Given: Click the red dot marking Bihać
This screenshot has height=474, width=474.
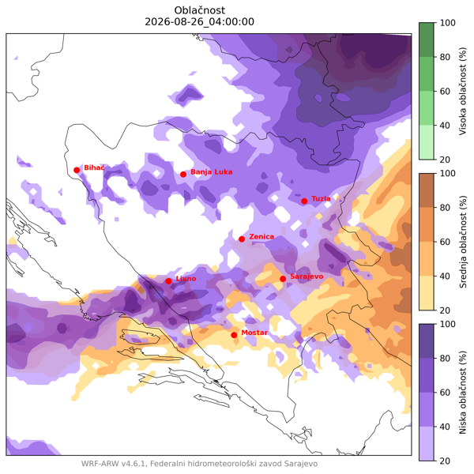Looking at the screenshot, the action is (x=77, y=170).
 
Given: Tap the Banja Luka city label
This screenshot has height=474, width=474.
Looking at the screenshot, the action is (x=211, y=172).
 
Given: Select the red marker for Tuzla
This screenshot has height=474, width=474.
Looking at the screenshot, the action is (x=304, y=201).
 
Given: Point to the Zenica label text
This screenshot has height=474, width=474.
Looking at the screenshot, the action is (x=261, y=236).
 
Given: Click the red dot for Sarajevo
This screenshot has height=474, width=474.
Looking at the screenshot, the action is (x=283, y=279).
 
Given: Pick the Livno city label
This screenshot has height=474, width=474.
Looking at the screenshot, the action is (x=186, y=278).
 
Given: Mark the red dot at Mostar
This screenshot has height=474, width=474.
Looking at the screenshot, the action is (x=234, y=335).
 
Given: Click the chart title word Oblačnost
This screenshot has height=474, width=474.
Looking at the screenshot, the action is (x=200, y=10).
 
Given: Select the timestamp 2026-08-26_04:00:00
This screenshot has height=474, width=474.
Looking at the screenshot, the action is (x=200, y=22).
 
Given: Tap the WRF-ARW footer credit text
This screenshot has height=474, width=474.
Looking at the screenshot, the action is (x=199, y=464).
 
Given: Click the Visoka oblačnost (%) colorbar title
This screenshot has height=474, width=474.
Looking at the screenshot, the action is (x=462, y=91).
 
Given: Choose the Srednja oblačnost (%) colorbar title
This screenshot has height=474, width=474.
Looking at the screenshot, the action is (x=462, y=242).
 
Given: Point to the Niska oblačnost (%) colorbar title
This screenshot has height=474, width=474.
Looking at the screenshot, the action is (x=462, y=393).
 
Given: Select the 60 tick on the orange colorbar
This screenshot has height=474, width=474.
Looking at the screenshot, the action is (x=444, y=242).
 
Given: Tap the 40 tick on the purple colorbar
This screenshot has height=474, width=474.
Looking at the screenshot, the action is (x=444, y=427).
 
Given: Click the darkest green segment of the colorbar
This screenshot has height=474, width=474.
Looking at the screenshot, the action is (x=427, y=39).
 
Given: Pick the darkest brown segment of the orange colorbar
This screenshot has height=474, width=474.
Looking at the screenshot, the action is (x=427, y=190).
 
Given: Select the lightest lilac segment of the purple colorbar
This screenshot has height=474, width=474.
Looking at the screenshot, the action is (x=427, y=444).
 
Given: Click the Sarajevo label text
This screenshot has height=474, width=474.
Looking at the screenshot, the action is (x=307, y=276).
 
